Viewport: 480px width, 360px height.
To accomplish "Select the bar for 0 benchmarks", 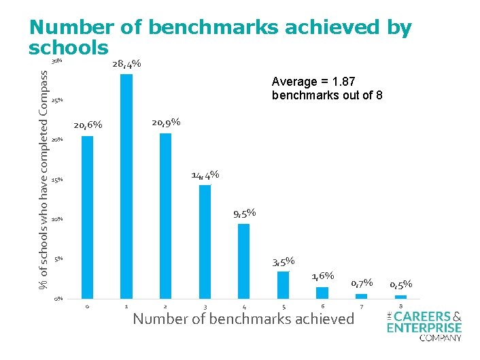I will click(x=87, y=217).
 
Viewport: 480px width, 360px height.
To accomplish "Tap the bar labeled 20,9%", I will click(x=165, y=216).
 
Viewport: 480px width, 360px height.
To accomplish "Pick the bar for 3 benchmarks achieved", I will click(x=205, y=242).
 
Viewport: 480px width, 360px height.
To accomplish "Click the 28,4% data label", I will click(x=126, y=64).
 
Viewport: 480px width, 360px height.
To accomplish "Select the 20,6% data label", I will click(x=88, y=125).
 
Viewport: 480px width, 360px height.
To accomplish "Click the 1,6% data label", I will click(x=322, y=276).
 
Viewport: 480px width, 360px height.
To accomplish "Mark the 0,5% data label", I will click(x=400, y=284).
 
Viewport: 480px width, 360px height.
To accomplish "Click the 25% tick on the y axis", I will click(x=57, y=100).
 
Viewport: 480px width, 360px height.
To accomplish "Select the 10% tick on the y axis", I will click(x=57, y=219).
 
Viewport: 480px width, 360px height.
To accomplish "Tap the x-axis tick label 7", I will click(x=362, y=307).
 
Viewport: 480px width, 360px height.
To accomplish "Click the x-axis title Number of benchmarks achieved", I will click(x=243, y=319).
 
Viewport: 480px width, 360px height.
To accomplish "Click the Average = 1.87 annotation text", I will click(x=327, y=88).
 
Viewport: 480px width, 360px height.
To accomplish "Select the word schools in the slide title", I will click(x=68, y=48).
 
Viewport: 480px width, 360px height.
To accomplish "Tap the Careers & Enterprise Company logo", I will click(x=424, y=326).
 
